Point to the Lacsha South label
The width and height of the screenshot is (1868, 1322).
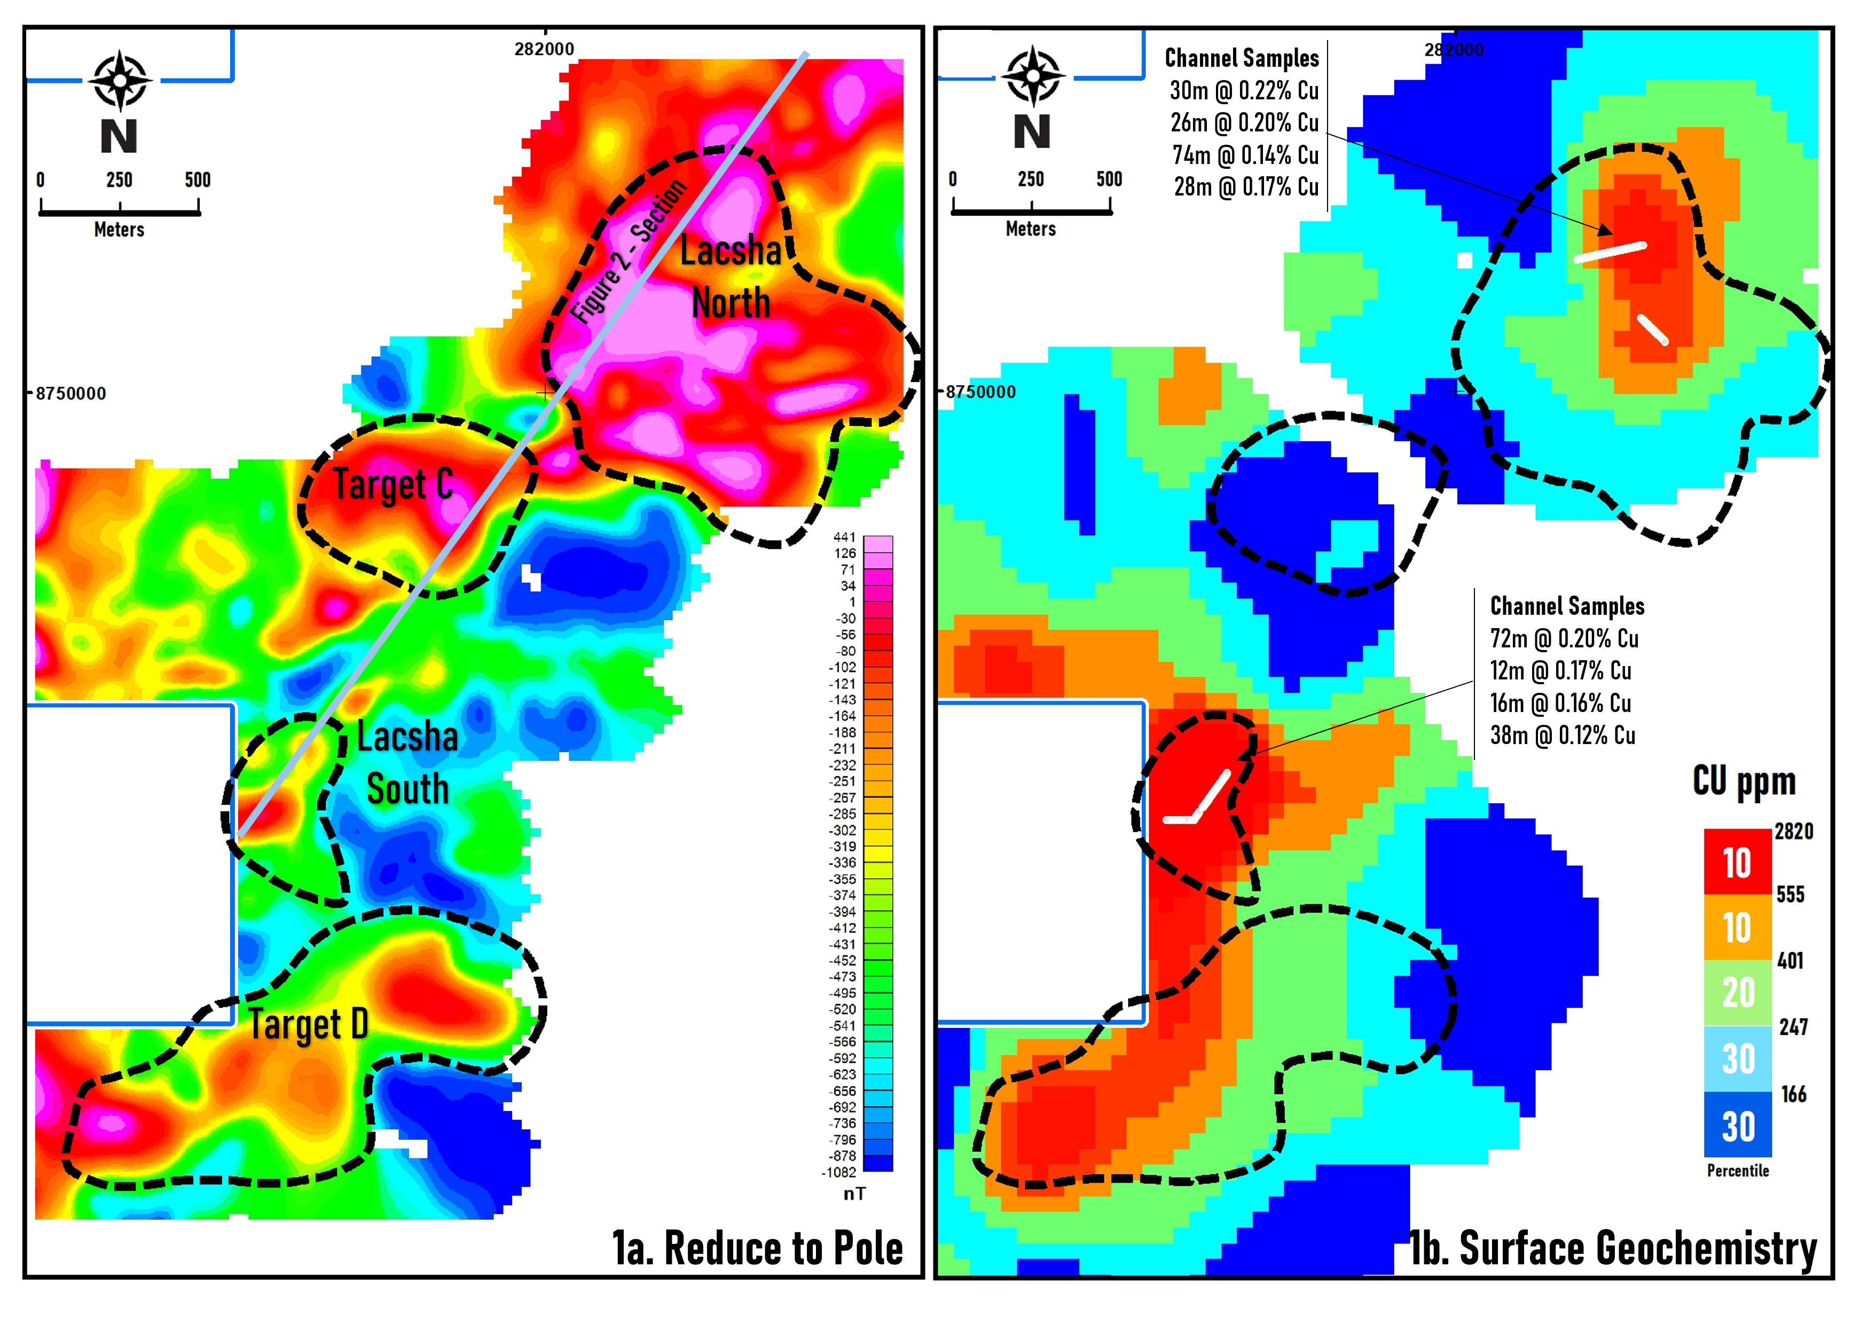tap(407, 764)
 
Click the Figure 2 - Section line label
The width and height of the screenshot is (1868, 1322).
tap(627, 252)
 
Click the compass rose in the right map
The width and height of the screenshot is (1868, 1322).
tap(1033, 76)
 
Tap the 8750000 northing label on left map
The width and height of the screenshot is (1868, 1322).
tap(71, 394)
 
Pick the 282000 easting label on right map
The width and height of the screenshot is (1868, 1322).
tap(1454, 50)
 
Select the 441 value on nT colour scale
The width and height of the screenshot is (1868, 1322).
tap(844, 537)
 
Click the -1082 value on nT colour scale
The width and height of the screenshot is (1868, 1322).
tap(838, 1173)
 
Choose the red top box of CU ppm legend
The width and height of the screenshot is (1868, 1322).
tap(1738, 863)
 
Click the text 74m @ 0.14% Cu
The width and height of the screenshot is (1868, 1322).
tap(1245, 155)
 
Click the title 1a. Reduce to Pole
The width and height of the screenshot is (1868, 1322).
tap(757, 1249)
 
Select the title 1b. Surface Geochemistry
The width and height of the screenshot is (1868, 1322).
tap(1613, 1249)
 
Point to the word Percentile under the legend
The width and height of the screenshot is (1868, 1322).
tap(1738, 1171)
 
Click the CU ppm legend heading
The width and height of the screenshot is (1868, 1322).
tap(1744, 781)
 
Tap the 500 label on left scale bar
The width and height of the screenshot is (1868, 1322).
tap(198, 180)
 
